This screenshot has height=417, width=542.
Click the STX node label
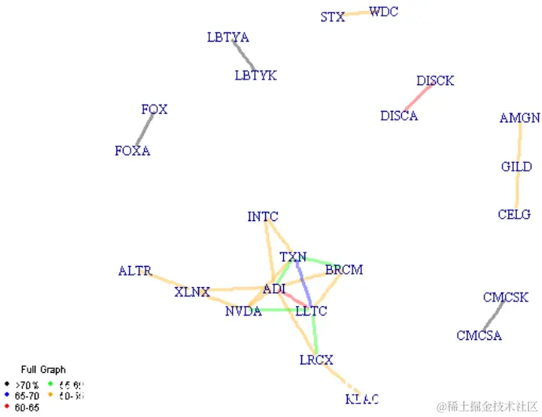pyautogui.click(x=333, y=17)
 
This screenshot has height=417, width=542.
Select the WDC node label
pyautogui.click(x=384, y=11)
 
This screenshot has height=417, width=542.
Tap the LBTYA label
pyautogui.click(x=228, y=37)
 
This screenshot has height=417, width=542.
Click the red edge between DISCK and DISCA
pyautogui.click(x=418, y=98)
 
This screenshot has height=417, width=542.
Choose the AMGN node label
pyautogui.click(x=520, y=118)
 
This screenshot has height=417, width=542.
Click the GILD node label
pyautogui.click(x=517, y=167)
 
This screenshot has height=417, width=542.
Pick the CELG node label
pyautogui.click(x=514, y=214)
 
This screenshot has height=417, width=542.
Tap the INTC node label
pyautogui.click(x=263, y=216)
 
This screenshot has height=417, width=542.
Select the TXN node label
pyautogui.click(x=293, y=257)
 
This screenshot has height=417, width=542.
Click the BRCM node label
pyautogui.click(x=344, y=270)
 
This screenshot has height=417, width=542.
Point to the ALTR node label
pyautogui.click(x=135, y=271)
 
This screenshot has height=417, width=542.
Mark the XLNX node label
pyautogui.click(x=192, y=293)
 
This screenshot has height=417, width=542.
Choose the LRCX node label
pyautogui.click(x=316, y=360)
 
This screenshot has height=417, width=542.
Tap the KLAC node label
pyautogui.click(x=362, y=399)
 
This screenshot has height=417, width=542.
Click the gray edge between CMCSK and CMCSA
pyautogui.click(x=493, y=316)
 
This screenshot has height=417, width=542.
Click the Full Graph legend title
pyautogui.click(x=43, y=369)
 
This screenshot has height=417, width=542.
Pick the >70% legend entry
pyautogui.click(x=28, y=385)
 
